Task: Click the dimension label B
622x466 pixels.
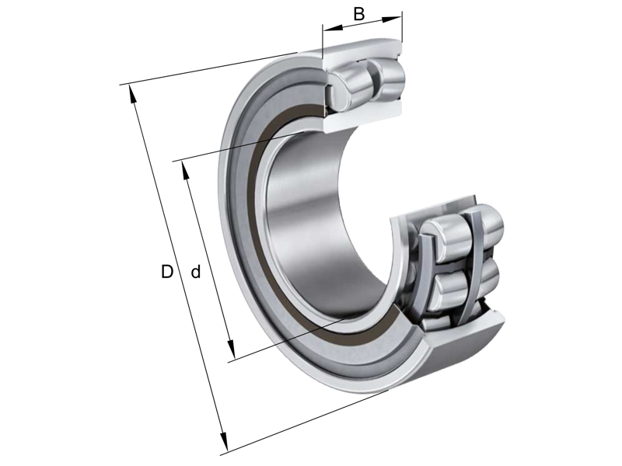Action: [x=358, y=13]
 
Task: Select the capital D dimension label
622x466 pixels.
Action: [x=166, y=272]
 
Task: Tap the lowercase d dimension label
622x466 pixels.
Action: [x=196, y=272]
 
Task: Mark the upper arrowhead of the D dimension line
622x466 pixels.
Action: [x=132, y=91]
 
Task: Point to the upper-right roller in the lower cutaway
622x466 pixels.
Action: [x=486, y=221]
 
